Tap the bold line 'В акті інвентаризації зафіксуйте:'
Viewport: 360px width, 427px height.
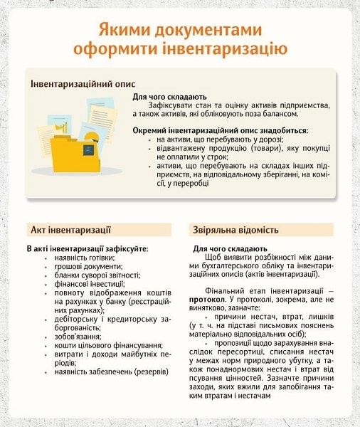(x=88, y=248)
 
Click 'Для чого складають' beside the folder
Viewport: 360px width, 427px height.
(x=169, y=96)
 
